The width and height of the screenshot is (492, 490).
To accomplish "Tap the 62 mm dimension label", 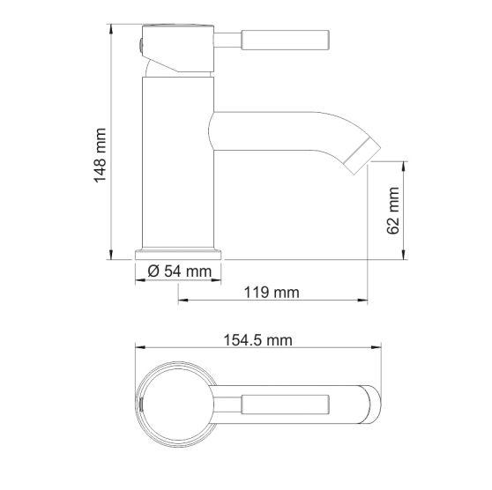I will coord(394,212).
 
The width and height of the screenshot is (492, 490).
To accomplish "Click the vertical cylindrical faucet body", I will coord(176,159).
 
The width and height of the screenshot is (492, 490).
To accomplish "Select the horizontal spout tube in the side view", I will coord(273,129).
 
